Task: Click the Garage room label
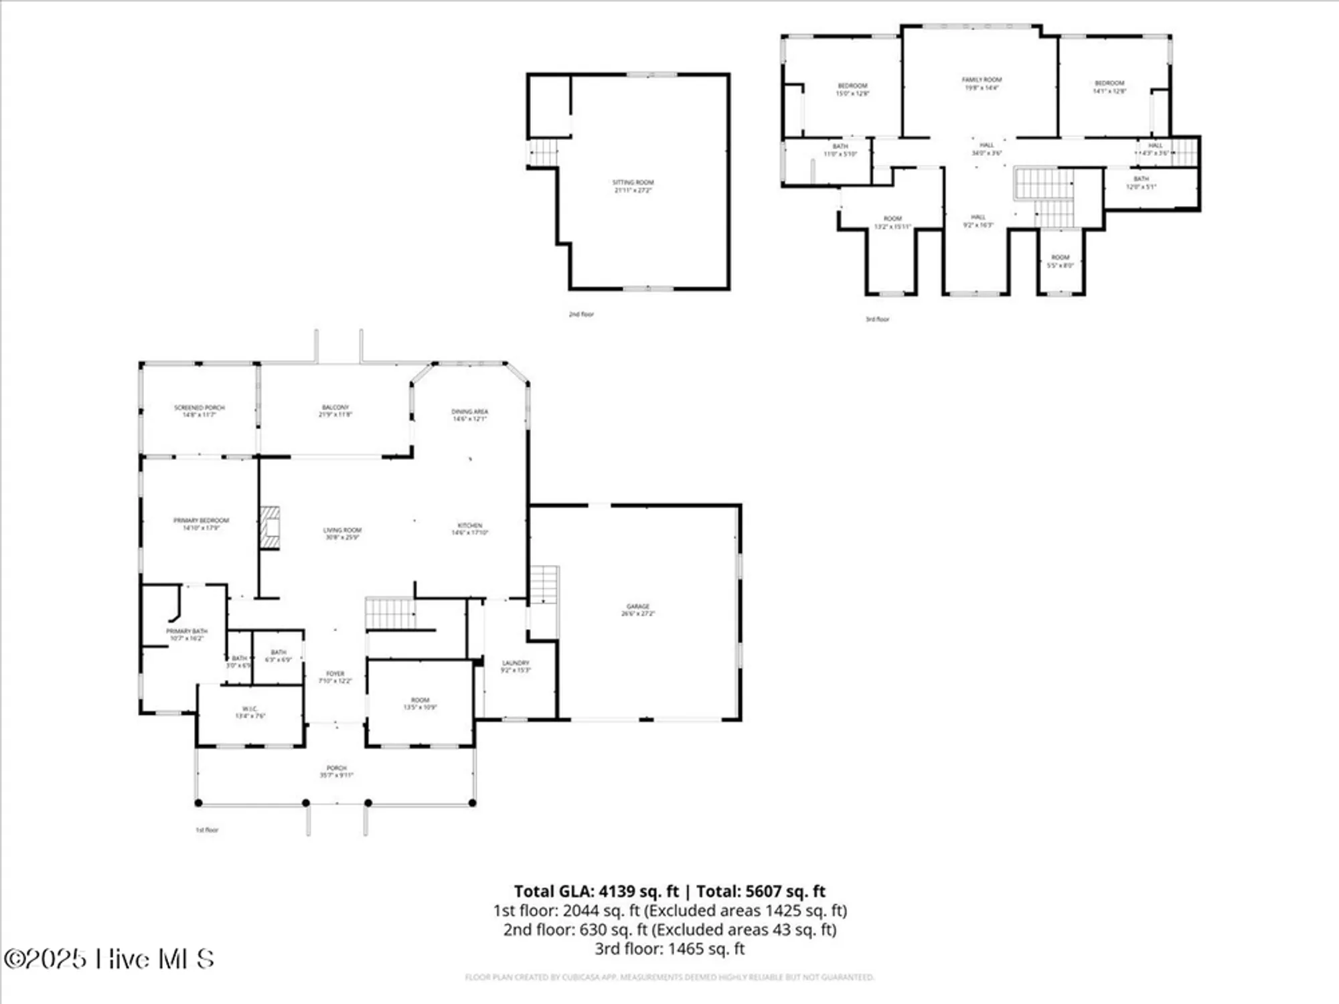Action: tap(637, 609)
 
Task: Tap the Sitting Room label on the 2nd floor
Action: tap(633, 186)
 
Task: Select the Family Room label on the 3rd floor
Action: tap(981, 83)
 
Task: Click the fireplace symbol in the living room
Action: tap(270, 527)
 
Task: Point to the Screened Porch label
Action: tap(200, 411)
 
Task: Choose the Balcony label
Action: tap(335, 410)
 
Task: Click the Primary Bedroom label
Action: tap(201, 524)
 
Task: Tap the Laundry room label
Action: tap(516, 666)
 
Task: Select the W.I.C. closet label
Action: tap(250, 712)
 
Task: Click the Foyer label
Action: tap(335, 677)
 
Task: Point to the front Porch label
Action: tap(336, 771)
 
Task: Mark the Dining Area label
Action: tap(469, 415)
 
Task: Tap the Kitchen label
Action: tap(469, 529)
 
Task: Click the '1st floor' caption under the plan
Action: tap(207, 830)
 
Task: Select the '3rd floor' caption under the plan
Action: tap(877, 319)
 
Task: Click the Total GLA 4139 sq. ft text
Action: tap(596, 891)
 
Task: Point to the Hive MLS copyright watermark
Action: tap(109, 958)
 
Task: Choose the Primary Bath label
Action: tap(187, 635)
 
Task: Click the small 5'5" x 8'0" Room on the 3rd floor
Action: tap(1060, 261)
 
